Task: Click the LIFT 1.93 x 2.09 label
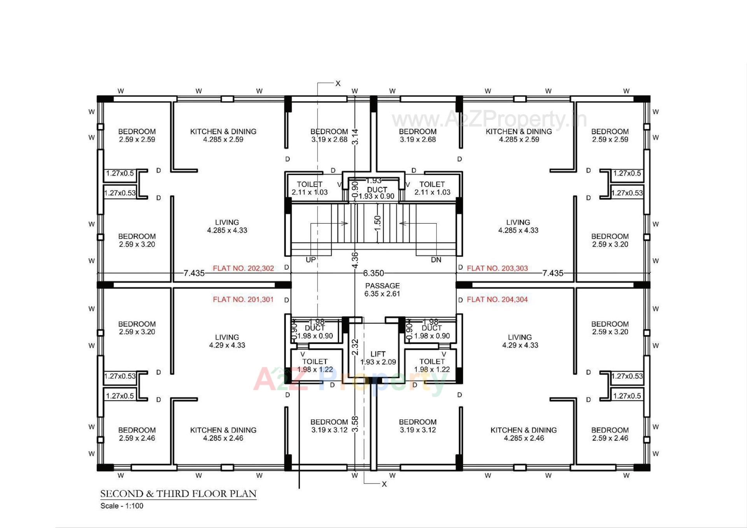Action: click(378, 358)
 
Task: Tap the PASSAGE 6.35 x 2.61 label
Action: click(382, 290)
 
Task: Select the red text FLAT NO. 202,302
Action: click(243, 268)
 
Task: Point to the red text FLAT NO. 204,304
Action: click(497, 299)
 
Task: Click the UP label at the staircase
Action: click(310, 260)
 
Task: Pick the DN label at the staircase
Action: click(436, 260)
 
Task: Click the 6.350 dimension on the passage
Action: click(373, 273)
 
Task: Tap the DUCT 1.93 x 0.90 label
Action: click(377, 193)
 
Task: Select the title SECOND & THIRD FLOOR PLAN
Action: click(178, 494)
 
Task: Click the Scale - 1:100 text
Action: click(122, 506)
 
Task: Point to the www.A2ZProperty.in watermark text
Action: click(489, 119)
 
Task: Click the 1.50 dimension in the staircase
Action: click(377, 223)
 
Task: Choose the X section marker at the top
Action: click(338, 84)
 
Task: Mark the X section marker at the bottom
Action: click(384, 484)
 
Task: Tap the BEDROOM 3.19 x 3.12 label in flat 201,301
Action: click(329, 426)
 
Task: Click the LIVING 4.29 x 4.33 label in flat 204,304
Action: click(520, 341)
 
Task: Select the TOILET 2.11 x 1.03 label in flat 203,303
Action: click(432, 188)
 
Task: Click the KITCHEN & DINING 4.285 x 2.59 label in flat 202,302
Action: click(223, 135)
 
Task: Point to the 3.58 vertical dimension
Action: click(355, 424)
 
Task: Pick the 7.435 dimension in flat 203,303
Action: click(552, 273)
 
